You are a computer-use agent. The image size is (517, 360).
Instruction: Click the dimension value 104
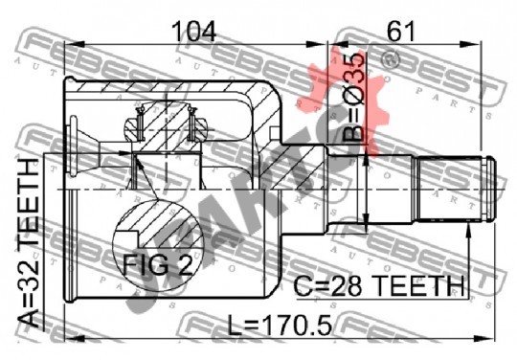click(x=193, y=32)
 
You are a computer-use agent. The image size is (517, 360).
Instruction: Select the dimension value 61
click(x=400, y=32)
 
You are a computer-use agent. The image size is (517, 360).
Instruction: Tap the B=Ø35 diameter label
click(x=354, y=97)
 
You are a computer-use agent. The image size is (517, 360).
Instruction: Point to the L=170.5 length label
click(x=280, y=325)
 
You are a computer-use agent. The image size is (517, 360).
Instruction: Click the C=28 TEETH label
click(x=379, y=286)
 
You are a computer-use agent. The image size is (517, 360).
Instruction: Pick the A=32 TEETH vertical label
click(x=29, y=243)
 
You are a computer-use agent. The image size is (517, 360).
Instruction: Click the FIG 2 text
click(x=158, y=264)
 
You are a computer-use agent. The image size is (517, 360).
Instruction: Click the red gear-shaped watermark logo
click(x=343, y=99)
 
